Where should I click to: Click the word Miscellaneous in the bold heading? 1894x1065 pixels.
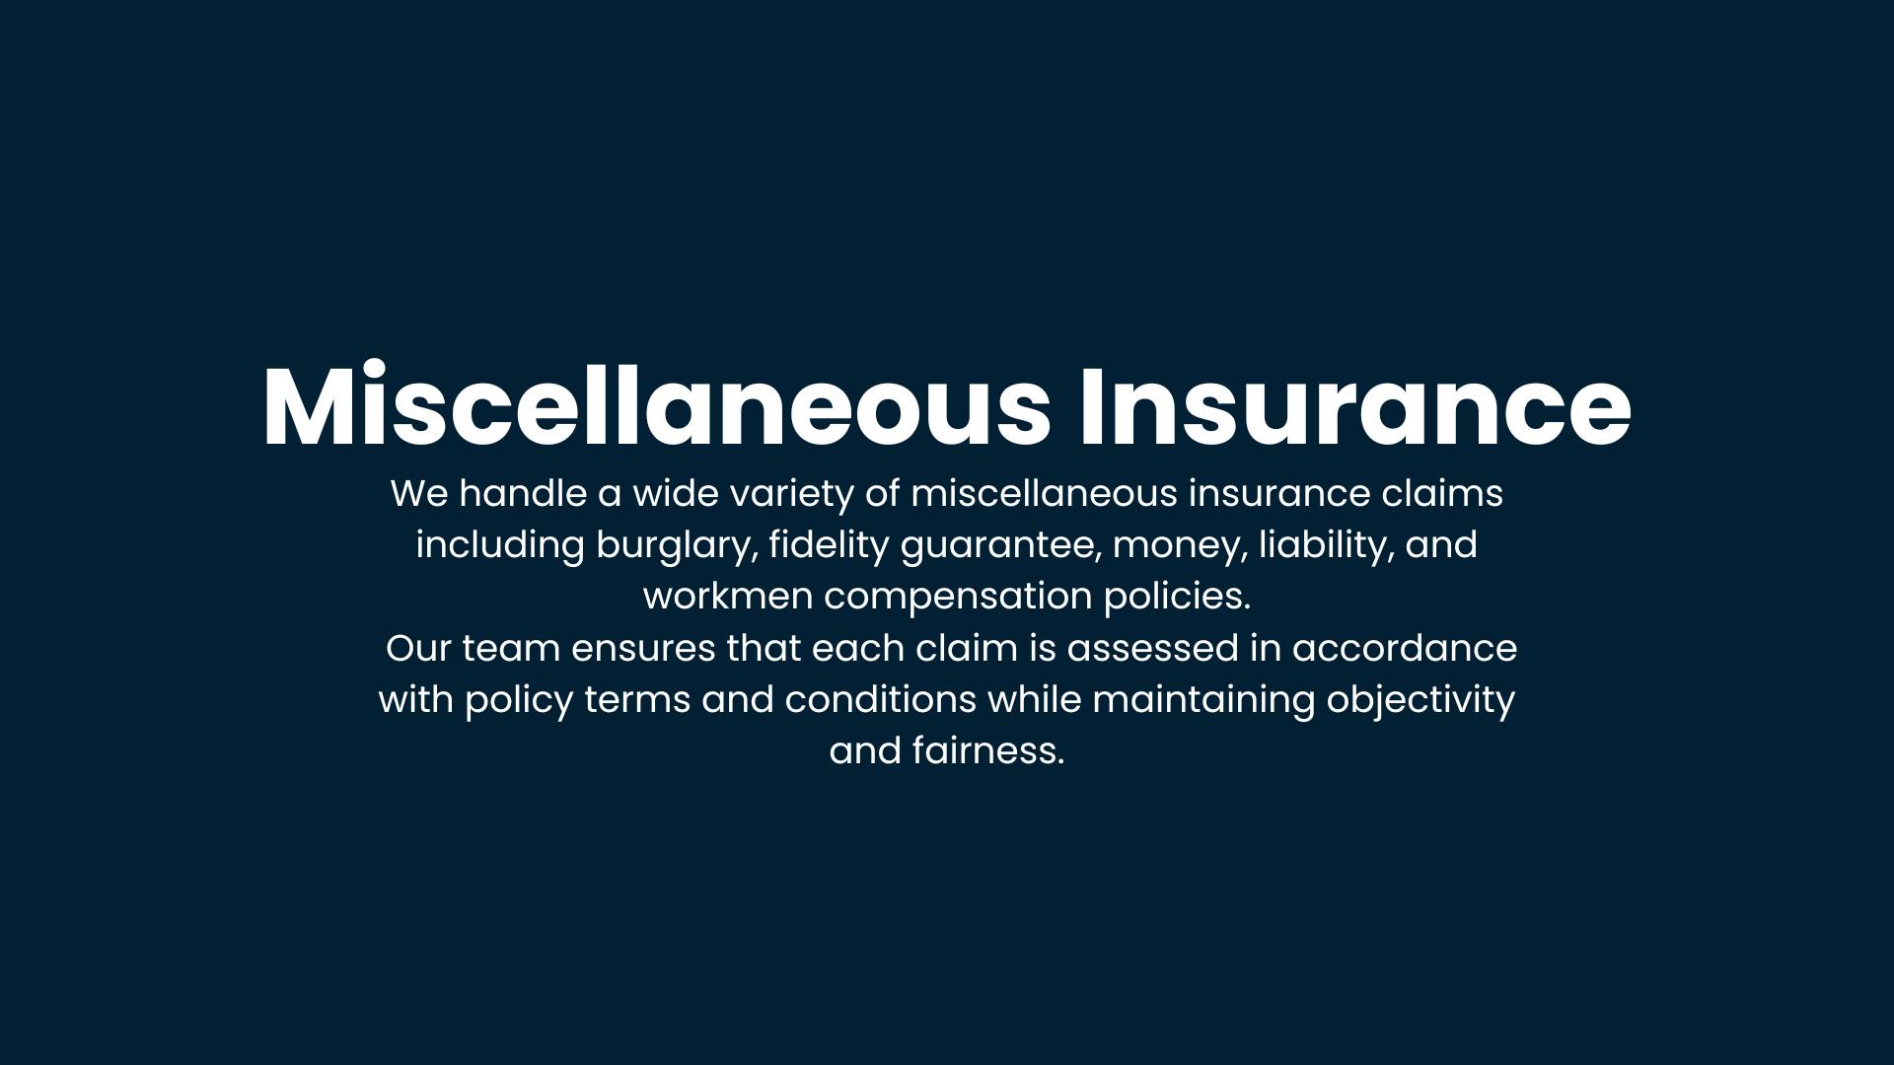(657, 406)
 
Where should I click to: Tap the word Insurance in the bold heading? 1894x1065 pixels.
(1355, 406)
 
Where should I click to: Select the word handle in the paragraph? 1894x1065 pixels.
(523, 493)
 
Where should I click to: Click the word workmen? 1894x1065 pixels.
(728, 597)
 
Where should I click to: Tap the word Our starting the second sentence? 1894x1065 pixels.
(419, 649)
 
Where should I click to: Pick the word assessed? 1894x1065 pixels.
(1152, 649)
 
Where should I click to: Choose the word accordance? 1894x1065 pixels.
(1405, 649)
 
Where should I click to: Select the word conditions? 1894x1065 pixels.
(881, 700)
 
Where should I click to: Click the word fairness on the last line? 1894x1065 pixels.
(988, 751)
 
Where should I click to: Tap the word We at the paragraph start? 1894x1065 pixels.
(419, 494)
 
